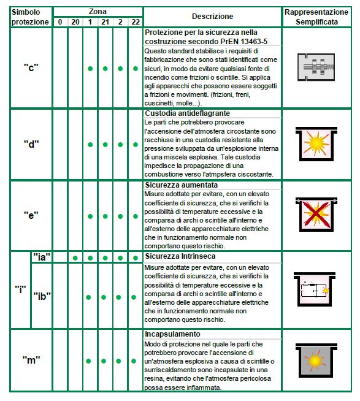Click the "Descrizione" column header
[x=212, y=17]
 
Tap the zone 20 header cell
[x=75, y=22]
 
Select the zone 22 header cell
[x=136, y=22]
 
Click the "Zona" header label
[x=98, y=12]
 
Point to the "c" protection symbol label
[x=31, y=68]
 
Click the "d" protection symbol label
[x=31, y=144]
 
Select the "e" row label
[x=31, y=215]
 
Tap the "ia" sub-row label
[x=42, y=257]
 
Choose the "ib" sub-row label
[x=42, y=296]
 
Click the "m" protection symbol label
[x=31, y=360]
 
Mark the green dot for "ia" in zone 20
[x=75, y=258]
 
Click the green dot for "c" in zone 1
[x=90, y=69]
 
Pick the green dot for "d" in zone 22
[x=136, y=145]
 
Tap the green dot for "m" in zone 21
[x=104, y=361]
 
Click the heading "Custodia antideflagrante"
[x=187, y=113]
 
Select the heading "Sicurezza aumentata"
[x=182, y=185]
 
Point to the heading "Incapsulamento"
[x=172, y=334]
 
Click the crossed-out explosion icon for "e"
[x=316, y=215]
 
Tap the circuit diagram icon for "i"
[x=315, y=289]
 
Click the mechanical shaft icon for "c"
[x=316, y=67]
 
